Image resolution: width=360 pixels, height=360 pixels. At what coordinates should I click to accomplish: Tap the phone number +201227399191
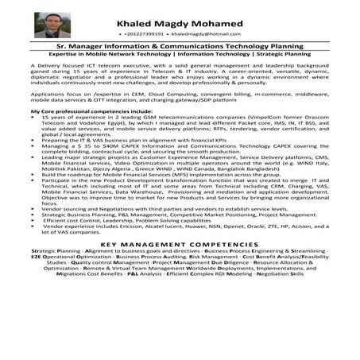tap(145, 34)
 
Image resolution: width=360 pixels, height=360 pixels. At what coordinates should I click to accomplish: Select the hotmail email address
tap(206, 34)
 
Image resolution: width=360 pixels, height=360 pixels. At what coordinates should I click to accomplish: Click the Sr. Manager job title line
tap(180, 48)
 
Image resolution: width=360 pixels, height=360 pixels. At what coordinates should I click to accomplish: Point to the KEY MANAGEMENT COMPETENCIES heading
tap(180, 267)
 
